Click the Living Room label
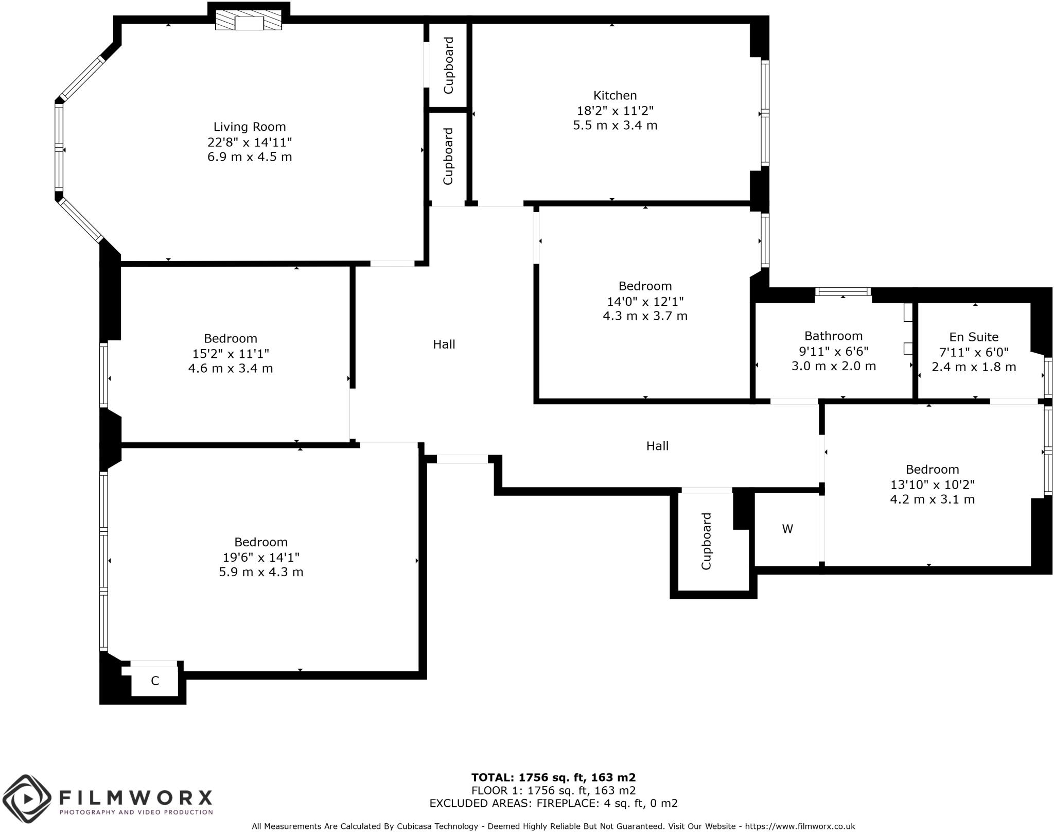click(x=250, y=127)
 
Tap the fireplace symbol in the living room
click(x=249, y=23)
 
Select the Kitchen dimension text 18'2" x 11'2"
click(x=615, y=111)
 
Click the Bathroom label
click(x=833, y=336)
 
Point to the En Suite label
click(x=974, y=337)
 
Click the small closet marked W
click(x=787, y=529)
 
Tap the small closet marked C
click(x=155, y=681)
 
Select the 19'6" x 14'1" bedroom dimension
click(x=261, y=557)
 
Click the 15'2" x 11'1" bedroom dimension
click(x=231, y=354)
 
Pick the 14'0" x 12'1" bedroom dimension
click(x=645, y=301)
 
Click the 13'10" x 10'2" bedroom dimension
click(x=933, y=484)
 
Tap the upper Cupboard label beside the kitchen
click(x=448, y=65)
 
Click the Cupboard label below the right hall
click(x=706, y=541)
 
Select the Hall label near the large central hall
click(x=444, y=344)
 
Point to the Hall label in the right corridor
click(x=657, y=446)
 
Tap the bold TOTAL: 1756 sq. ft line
click(x=553, y=777)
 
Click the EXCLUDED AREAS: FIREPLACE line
click(x=553, y=803)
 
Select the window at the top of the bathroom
click(x=842, y=291)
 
